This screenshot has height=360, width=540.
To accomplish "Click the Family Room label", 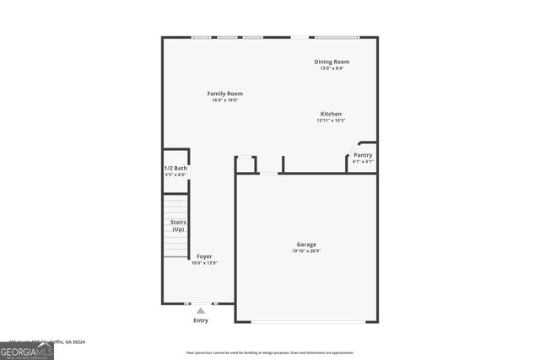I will (x=225, y=94).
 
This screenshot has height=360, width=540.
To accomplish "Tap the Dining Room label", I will (x=332, y=62).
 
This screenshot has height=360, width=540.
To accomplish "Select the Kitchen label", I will (x=331, y=114).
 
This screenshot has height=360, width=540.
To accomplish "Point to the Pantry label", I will (x=363, y=155).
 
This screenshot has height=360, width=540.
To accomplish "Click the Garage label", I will (x=305, y=244).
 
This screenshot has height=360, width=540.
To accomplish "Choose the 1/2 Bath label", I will (x=175, y=169).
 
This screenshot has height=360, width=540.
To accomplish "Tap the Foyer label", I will (x=204, y=256).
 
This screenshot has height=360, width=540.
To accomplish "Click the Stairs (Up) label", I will (x=178, y=226).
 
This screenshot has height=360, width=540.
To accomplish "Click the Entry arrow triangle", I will (x=201, y=310).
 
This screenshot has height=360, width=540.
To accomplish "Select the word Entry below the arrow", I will (x=201, y=320).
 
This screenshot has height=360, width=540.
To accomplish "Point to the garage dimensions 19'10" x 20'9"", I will (x=305, y=250).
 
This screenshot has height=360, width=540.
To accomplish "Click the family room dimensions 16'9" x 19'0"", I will (x=225, y=100).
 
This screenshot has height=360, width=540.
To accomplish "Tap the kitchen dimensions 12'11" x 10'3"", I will (x=331, y=121).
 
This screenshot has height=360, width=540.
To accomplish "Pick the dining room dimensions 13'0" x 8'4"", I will (x=332, y=68).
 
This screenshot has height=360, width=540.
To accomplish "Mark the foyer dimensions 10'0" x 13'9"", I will (x=205, y=263).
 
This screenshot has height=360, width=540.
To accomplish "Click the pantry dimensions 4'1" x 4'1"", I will (x=363, y=161).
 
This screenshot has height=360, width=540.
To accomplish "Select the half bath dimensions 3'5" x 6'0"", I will (x=175, y=175).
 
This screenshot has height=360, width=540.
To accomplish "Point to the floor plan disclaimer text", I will (x=269, y=352).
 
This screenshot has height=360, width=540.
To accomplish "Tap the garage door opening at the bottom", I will (x=309, y=322).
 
